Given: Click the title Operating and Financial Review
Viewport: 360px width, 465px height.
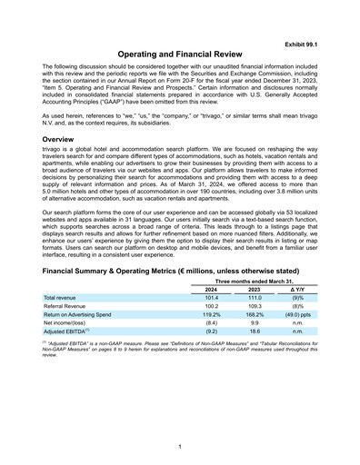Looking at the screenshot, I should click(179, 54).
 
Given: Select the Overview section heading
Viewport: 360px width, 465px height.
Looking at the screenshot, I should click(64, 139).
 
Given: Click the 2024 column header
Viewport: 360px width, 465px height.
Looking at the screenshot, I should click(211, 290).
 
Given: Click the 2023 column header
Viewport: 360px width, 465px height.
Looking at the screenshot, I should click(255, 290).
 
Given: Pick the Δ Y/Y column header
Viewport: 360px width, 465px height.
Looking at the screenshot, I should click(297, 290).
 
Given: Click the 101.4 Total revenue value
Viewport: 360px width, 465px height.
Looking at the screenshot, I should click(211, 299).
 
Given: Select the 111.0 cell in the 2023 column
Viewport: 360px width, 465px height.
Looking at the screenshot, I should click(255, 299).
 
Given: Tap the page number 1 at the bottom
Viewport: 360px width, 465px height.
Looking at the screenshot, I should click(180, 446).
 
